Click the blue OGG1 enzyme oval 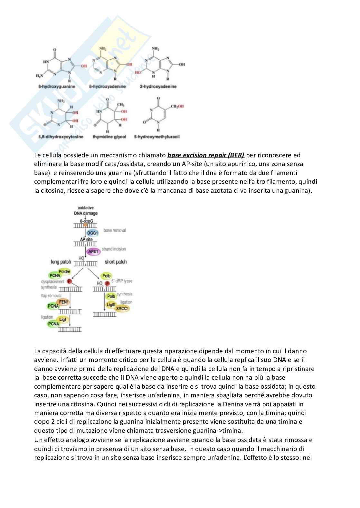tap(92, 232)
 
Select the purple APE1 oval tap(93, 251)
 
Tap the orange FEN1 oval tap(64, 302)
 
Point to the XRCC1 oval tap(122, 309)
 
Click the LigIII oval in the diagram tap(111, 304)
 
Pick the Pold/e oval tap(64, 272)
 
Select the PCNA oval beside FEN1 tap(53, 306)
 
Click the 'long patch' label tap(61, 262)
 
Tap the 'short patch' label tap(116, 262)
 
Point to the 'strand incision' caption tap(114, 249)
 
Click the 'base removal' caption tap(115, 230)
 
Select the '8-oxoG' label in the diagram tap(86, 221)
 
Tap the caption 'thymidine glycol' tap(109, 137)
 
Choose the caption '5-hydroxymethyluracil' tap(156, 137)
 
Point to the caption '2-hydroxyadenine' tap(158, 87)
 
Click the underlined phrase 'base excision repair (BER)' tap(206, 155)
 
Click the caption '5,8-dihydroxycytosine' tap(61, 137)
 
